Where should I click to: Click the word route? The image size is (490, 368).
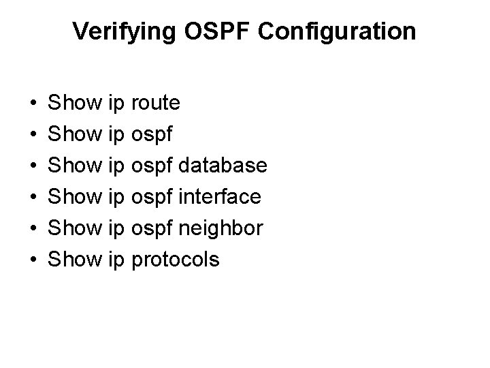click(155, 104)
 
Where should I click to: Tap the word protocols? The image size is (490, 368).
click(175, 260)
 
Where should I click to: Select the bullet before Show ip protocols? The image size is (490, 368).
click(33, 260)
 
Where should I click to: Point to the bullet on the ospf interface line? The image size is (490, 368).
click(33, 198)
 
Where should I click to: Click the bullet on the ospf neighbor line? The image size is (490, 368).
click(33, 229)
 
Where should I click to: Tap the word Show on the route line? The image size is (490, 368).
click(76, 104)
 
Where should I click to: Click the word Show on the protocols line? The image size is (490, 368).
click(76, 260)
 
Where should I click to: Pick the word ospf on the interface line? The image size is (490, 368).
click(152, 198)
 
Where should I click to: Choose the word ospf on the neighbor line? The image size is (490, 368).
click(152, 229)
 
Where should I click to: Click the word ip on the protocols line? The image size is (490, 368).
click(116, 260)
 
